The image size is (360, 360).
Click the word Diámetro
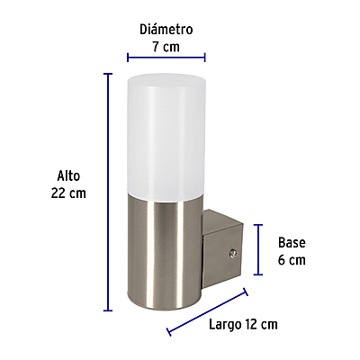coord(166,30)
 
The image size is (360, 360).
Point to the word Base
coord(292,243)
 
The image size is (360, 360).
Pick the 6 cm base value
coord(292,259)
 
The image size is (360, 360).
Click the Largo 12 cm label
coord(242,323)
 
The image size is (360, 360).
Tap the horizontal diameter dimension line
coord(166,58)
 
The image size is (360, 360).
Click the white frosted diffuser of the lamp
coord(166,135)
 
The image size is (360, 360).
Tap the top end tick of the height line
coord(108,73)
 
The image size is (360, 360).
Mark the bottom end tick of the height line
coord(108,310)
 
